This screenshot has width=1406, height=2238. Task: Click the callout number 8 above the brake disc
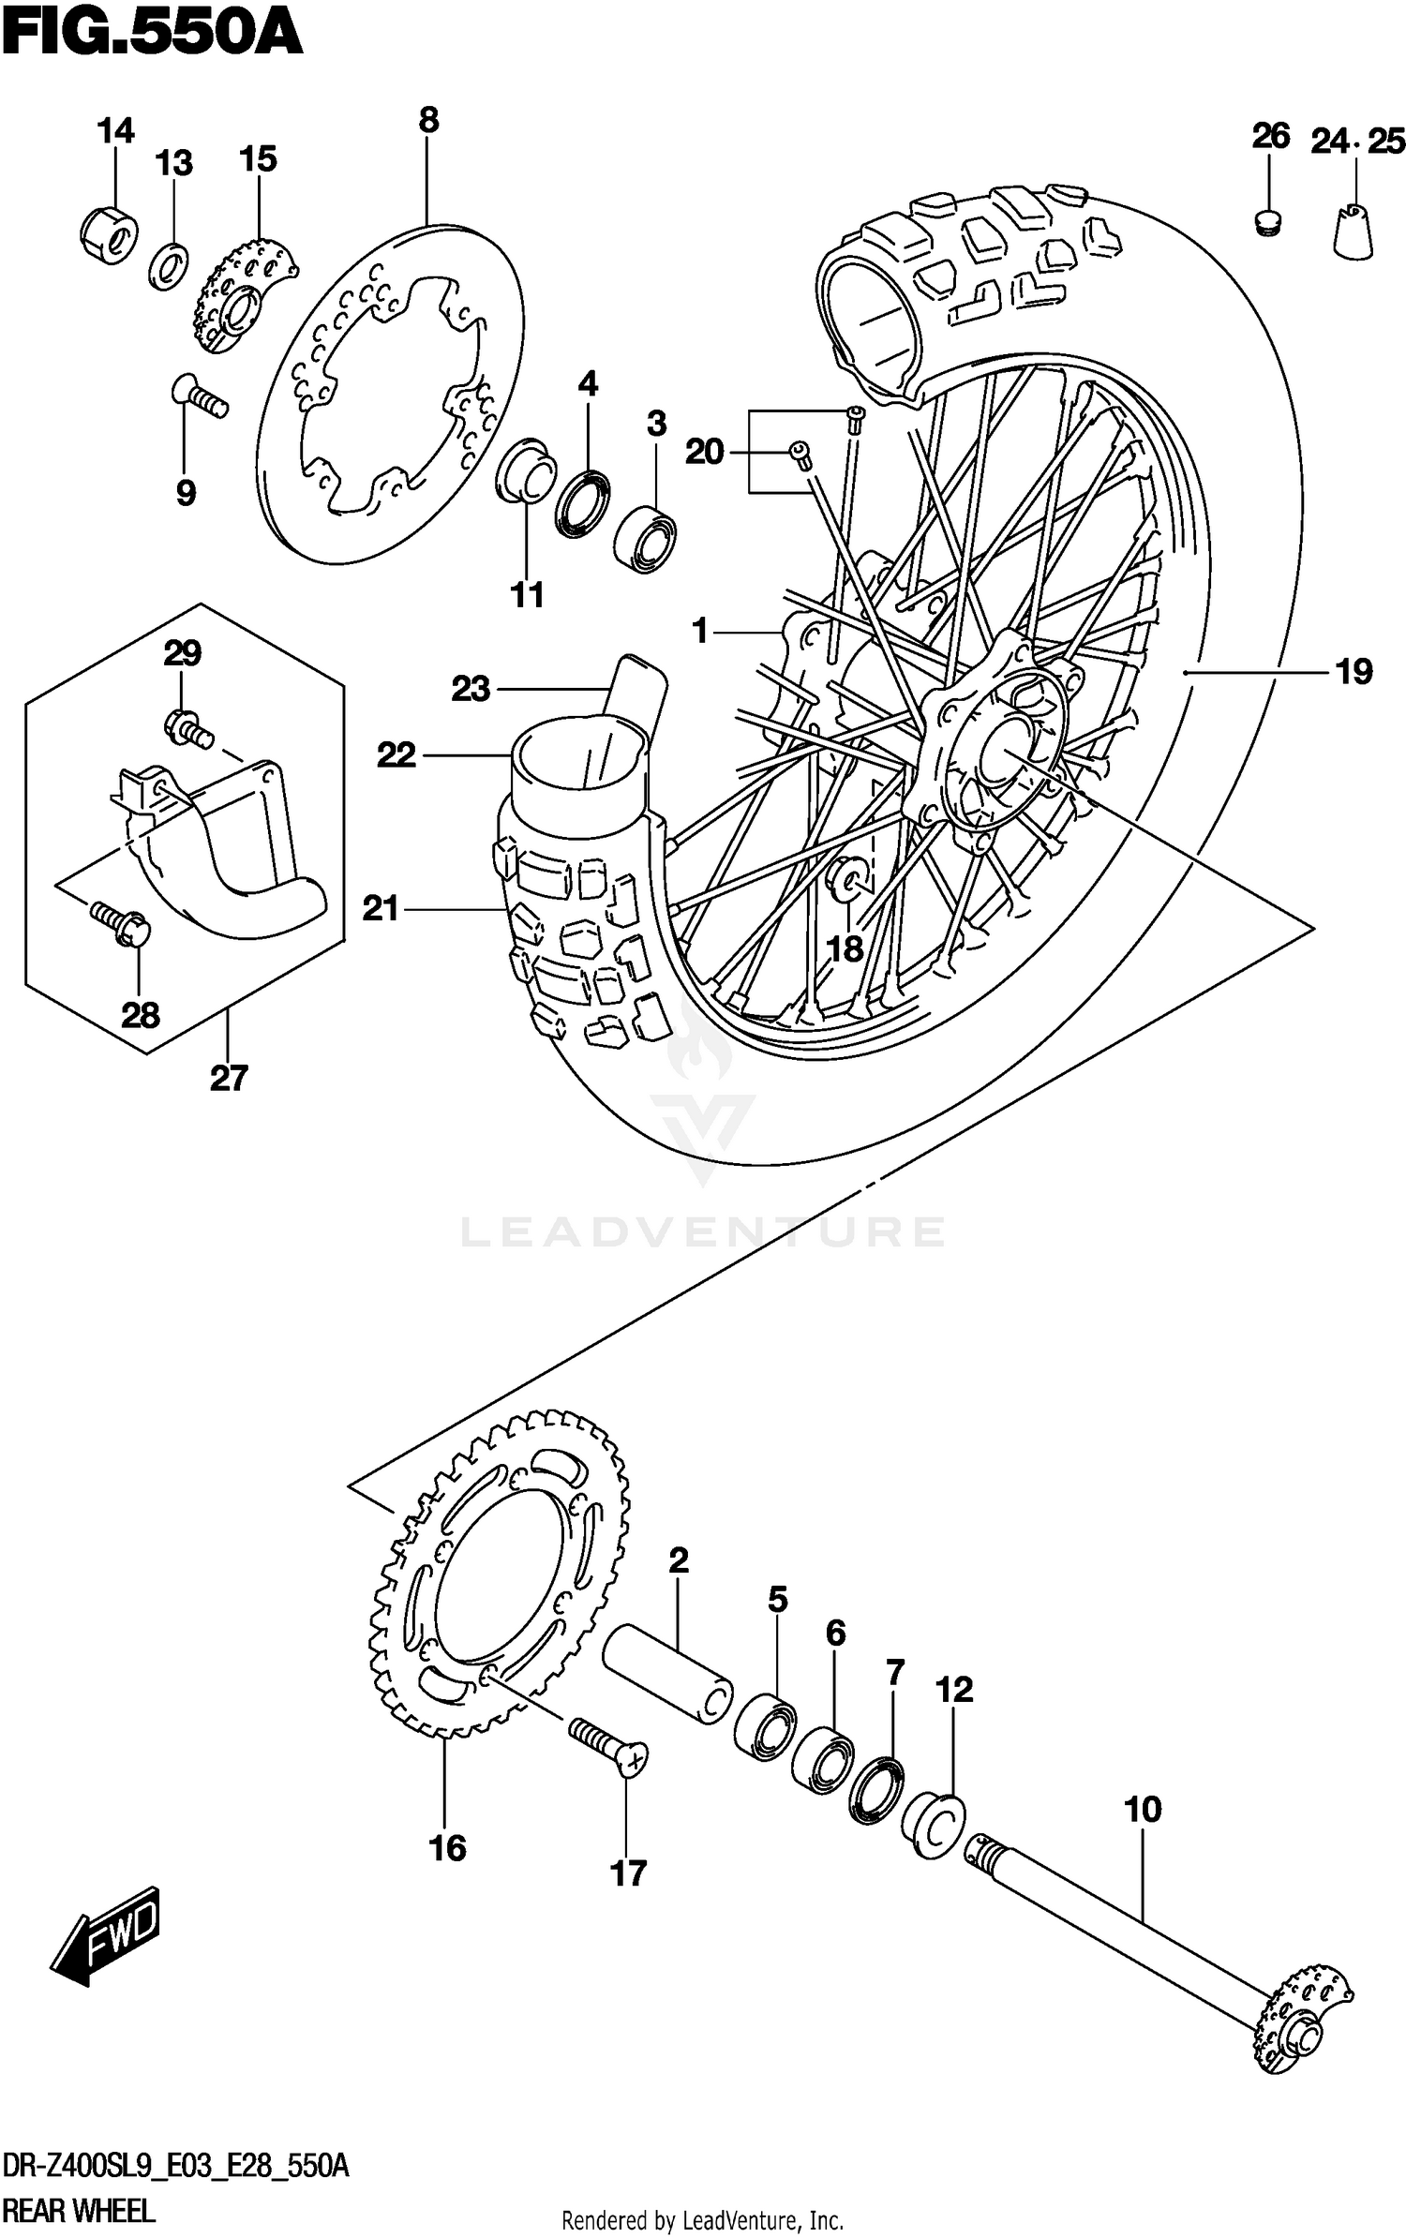coord(427,120)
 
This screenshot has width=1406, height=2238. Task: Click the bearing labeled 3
coord(647,537)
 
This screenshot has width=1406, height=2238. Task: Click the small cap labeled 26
coord(1267,223)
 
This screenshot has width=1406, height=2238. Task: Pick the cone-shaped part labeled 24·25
coord(1354,231)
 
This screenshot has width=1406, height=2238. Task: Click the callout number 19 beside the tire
coord(1354,672)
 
